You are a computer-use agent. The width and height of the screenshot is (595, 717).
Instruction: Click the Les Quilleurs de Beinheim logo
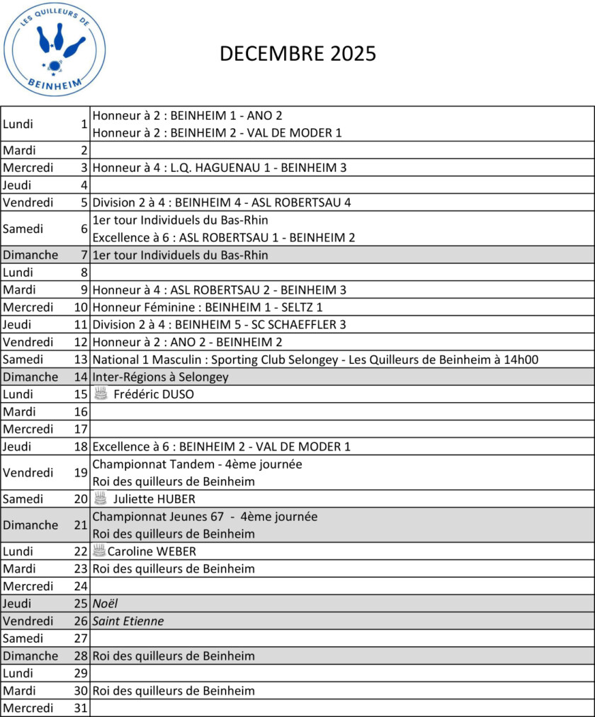click(x=55, y=50)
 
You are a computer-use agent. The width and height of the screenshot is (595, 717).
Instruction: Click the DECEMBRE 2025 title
click(x=297, y=54)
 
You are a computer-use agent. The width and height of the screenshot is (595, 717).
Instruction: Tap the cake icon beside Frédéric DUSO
click(x=101, y=394)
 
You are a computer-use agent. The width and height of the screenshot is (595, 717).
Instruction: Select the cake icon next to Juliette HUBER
click(x=101, y=498)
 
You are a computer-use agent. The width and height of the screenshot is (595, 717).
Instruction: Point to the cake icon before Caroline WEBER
click(x=100, y=551)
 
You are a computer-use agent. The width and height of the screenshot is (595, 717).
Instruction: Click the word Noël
click(x=105, y=604)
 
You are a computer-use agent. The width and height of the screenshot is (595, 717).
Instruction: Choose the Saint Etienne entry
click(x=128, y=621)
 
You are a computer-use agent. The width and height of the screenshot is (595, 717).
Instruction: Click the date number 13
click(x=81, y=360)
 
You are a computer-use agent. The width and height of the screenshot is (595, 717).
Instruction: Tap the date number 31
click(x=81, y=709)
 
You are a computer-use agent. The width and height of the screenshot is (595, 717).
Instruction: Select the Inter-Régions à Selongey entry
click(x=161, y=377)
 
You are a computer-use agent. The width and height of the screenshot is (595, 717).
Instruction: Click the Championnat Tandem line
click(x=198, y=464)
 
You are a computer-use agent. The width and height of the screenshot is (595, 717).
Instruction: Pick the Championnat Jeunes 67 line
click(x=205, y=517)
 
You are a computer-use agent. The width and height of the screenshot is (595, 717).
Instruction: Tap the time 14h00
click(x=522, y=360)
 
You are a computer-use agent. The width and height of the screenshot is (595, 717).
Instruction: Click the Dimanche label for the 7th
click(x=30, y=255)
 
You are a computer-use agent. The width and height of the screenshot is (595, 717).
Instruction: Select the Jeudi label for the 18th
click(x=17, y=447)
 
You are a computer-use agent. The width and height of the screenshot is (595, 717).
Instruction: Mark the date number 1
click(x=84, y=124)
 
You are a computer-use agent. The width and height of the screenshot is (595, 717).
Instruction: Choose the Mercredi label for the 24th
click(x=28, y=586)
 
